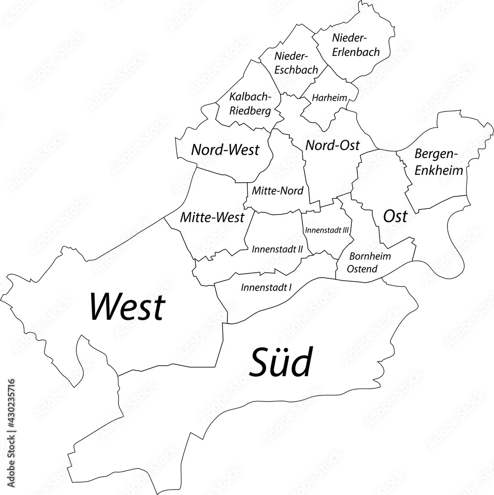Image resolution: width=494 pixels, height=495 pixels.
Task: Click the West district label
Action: pyautogui.click(x=126, y=307)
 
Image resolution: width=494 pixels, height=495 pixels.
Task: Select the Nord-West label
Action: pyautogui.click(x=225, y=149)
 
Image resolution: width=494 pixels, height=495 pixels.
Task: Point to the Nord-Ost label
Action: pyautogui.click(x=332, y=145)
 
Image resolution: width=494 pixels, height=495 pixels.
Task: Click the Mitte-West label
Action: pyautogui.click(x=212, y=217)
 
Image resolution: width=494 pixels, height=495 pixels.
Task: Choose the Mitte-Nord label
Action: pyautogui.click(x=277, y=190)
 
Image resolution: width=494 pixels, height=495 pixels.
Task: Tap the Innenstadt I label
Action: pyautogui.click(x=266, y=287)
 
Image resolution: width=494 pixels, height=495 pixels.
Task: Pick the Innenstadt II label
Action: pyautogui.click(x=277, y=249)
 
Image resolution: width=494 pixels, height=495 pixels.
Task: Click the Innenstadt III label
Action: pyautogui.click(x=328, y=230)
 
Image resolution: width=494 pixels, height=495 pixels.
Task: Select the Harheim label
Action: pyautogui.click(x=329, y=98)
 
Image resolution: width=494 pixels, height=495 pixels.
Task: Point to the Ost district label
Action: pyautogui.click(x=395, y=216)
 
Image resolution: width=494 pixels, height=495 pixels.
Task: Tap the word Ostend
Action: pyautogui.click(x=363, y=269)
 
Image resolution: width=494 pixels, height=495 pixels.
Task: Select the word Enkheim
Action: pyautogui.click(x=439, y=171)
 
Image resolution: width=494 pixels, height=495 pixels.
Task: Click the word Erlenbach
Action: pyautogui.click(x=356, y=52)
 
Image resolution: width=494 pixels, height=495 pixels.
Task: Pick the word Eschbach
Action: pyautogui.click(x=296, y=70)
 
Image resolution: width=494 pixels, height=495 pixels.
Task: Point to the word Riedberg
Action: pyautogui.click(x=250, y=111)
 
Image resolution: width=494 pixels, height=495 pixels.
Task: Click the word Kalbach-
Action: pyautogui.click(x=249, y=98)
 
